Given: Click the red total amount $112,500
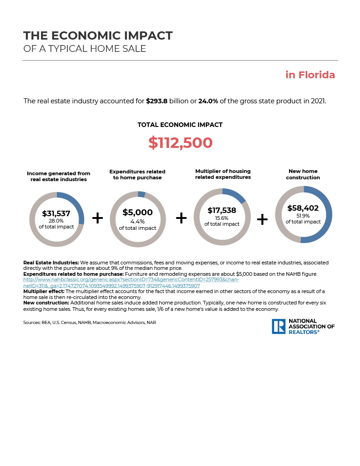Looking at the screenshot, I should [x=180, y=143].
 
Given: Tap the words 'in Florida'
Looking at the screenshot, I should [x=310, y=75].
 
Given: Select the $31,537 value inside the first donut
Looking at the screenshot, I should [x=56, y=213].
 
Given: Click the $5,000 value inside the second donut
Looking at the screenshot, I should [x=137, y=213].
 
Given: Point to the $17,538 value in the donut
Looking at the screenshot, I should [x=222, y=211].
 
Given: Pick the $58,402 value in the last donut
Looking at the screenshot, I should [x=303, y=208].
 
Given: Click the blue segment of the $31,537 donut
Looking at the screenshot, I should [x=77, y=207].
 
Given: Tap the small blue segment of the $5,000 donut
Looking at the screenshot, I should [x=142, y=194].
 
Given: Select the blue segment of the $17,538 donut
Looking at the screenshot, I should [x=236, y=195].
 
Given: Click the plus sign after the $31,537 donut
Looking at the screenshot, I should [x=97, y=218].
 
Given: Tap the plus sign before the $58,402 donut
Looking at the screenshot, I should [x=262, y=219].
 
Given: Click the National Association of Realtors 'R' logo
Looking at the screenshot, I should [x=279, y=326].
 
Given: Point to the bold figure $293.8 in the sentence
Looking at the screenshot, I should [x=157, y=101].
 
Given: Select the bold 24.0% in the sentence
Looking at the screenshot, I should [x=208, y=101].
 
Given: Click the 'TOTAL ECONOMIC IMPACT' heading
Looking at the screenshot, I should [x=180, y=125].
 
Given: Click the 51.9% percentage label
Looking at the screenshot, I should [x=303, y=216].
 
